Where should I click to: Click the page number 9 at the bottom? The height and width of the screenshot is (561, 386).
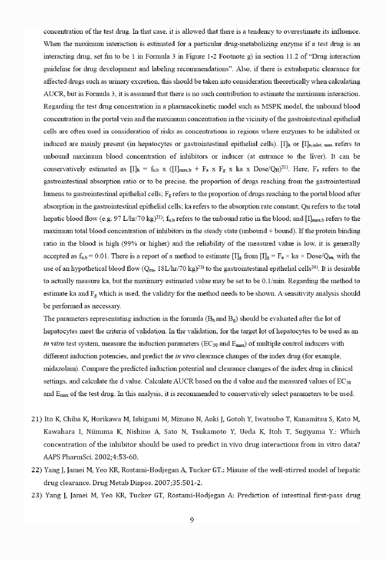tap(192, 520)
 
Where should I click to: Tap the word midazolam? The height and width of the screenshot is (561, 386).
tap(62, 369)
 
